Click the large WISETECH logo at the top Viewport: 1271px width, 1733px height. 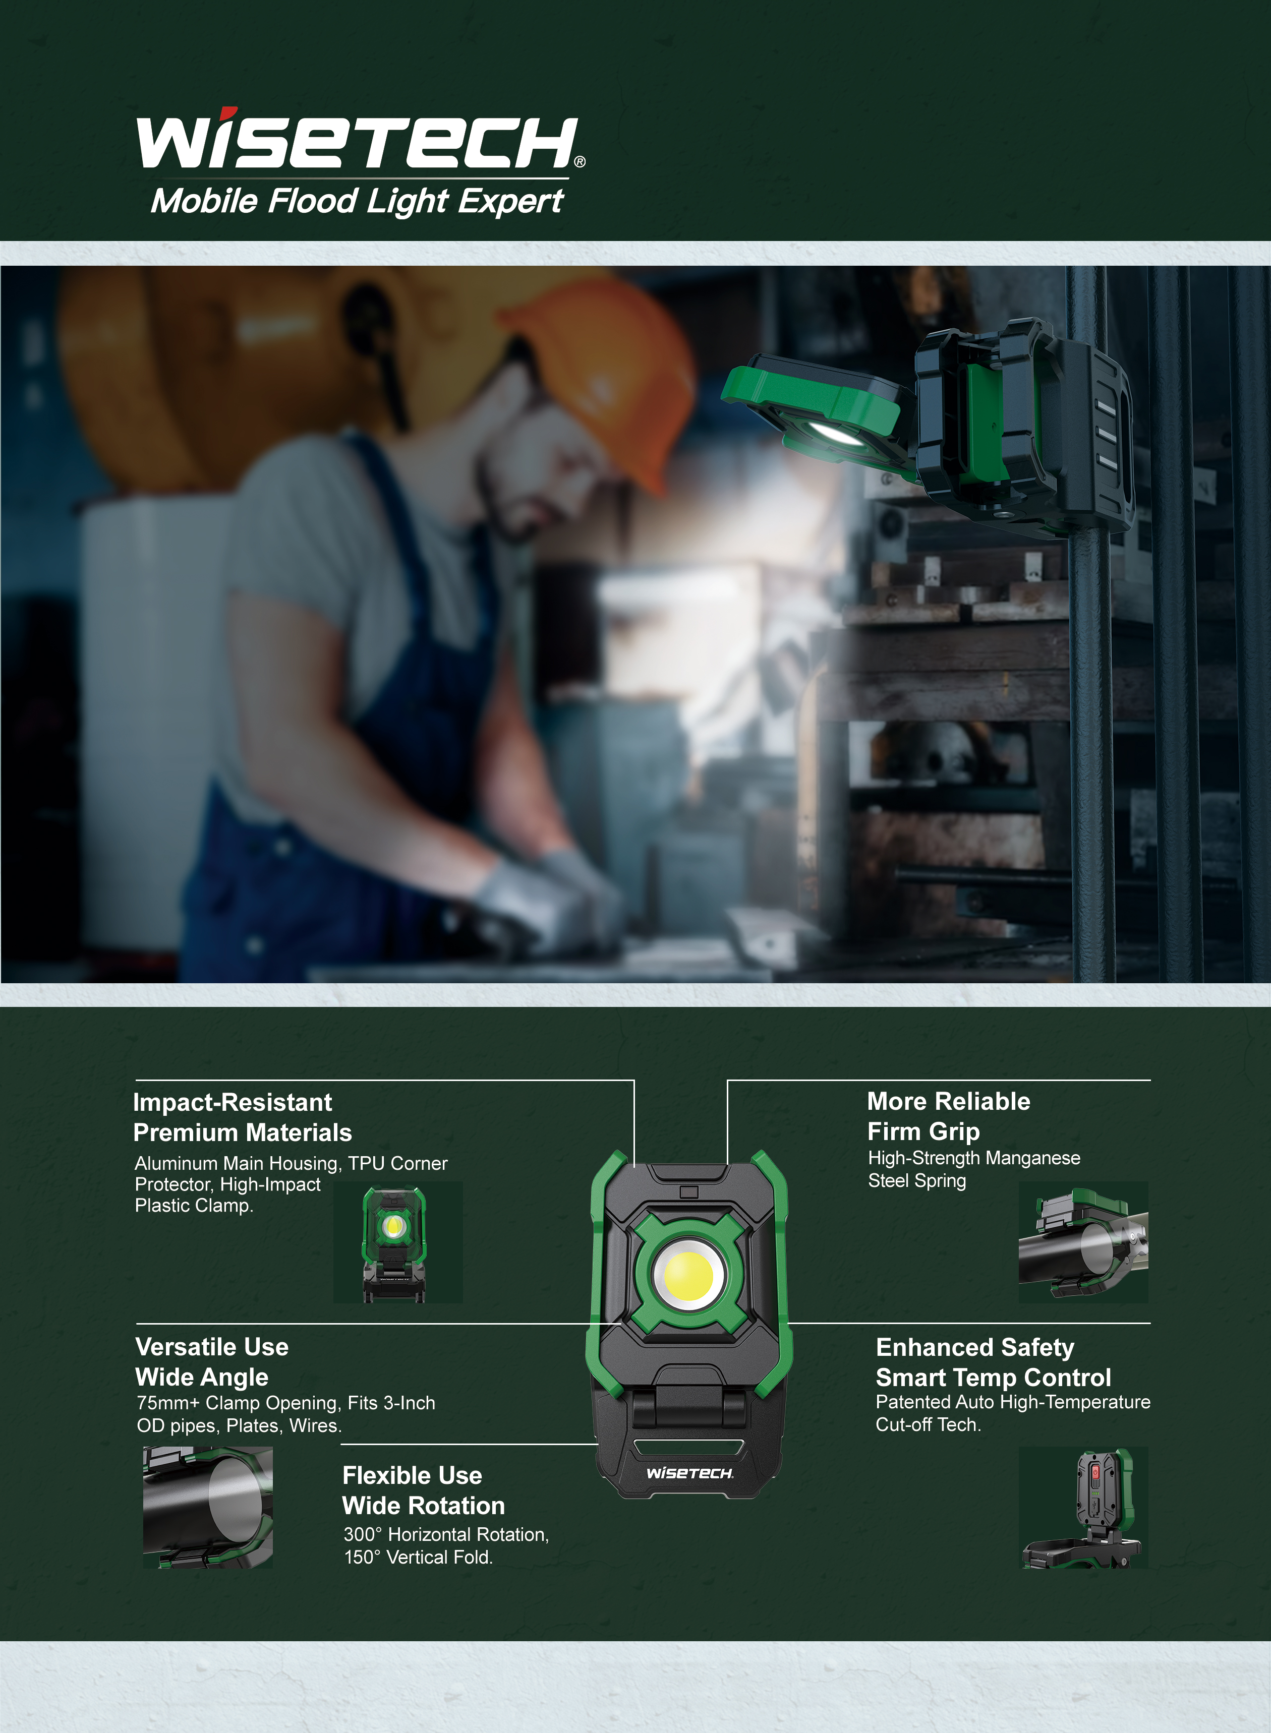coord(358,142)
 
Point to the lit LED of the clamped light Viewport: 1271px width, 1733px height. coord(835,433)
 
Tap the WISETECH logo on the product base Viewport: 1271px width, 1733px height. coord(689,1473)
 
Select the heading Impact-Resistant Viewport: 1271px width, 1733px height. coord(233,1102)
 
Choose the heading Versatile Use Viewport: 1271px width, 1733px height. coord(211,1347)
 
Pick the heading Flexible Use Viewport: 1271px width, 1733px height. coord(412,1475)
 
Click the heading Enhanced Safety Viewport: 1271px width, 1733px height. coord(975,1348)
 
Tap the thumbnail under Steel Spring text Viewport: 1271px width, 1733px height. coord(1082,1242)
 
